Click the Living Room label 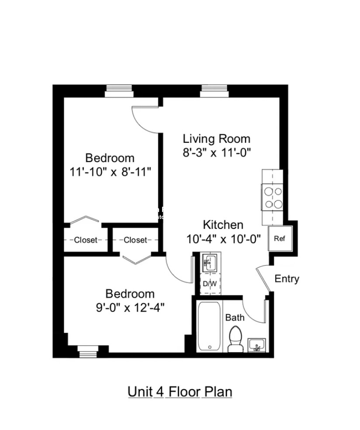point(216,139)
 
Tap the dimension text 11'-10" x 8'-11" point(110,171)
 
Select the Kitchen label point(223,225)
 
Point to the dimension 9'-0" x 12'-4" point(131,308)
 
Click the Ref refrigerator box point(279,239)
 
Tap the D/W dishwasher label point(210,284)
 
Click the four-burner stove point(272,198)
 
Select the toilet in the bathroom point(237,339)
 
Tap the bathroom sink point(256,345)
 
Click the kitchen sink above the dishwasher point(210,263)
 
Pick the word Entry point(287,279)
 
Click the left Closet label point(86,240)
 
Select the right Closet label point(135,240)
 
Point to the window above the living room point(215,91)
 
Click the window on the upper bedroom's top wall point(119,91)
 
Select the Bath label point(235,318)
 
